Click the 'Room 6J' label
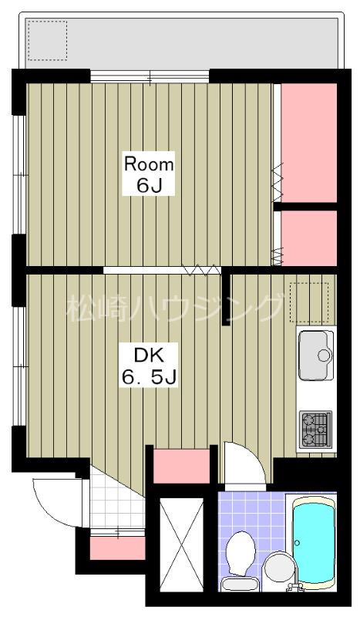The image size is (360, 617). click(148, 174)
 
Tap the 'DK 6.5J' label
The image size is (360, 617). click(149, 365)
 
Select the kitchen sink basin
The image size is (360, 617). click(316, 356)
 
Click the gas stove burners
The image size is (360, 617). click(315, 430)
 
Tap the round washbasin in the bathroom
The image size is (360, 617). click(280, 568)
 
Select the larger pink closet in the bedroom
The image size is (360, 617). click(309, 143)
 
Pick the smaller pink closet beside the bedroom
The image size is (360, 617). click(309, 238)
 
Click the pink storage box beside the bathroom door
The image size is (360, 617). click(181, 466)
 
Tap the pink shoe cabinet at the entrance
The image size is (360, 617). click(118, 548)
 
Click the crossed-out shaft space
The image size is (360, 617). click(182, 545)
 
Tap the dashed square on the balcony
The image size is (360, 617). click(47, 41)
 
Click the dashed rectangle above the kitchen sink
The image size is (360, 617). click(309, 302)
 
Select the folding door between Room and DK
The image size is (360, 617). click(162, 270)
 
